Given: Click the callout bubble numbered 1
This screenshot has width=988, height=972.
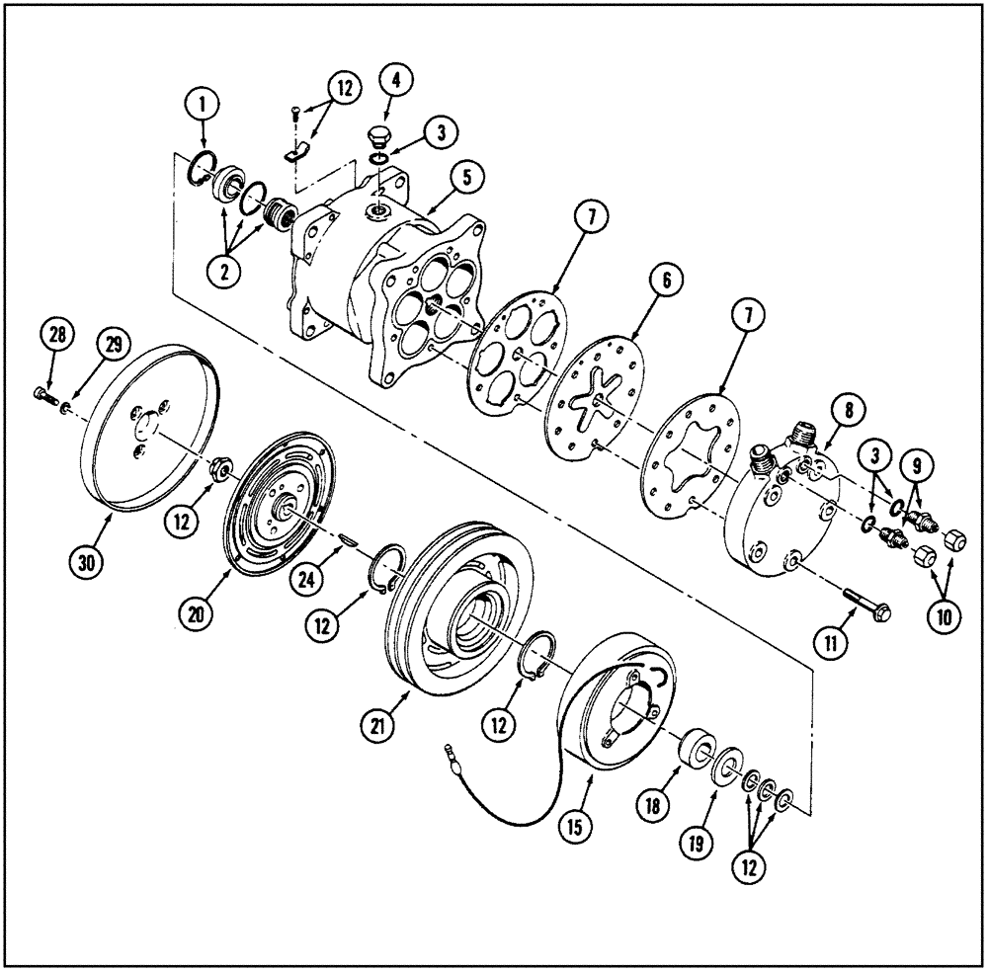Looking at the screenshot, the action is [x=204, y=101].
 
